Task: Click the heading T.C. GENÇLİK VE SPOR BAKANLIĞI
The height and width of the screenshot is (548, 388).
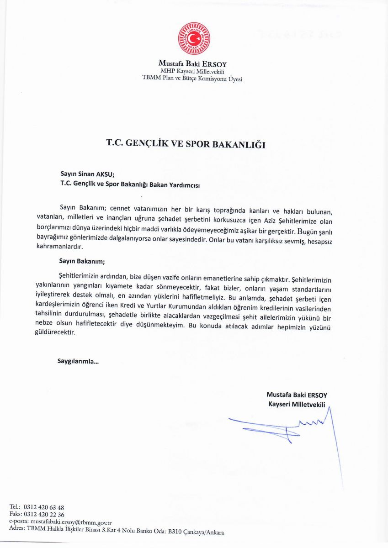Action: tap(186, 143)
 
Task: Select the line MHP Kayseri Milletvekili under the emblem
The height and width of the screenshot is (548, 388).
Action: tap(192, 72)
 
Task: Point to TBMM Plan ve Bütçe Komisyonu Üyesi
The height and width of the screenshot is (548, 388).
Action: tap(192, 79)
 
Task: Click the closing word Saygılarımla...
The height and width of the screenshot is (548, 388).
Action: tap(78, 361)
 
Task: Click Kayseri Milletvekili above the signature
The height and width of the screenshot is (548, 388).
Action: tap(297, 405)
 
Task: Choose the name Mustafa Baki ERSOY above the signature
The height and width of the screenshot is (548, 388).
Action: tap(297, 395)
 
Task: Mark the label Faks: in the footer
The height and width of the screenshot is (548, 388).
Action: tap(16, 514)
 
